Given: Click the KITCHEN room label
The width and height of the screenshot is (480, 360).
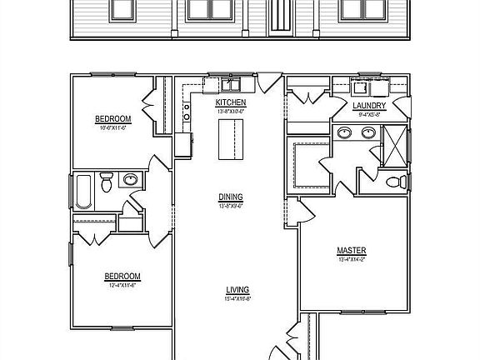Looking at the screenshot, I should point(230,102).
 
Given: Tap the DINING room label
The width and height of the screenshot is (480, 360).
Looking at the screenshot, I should point(230,198).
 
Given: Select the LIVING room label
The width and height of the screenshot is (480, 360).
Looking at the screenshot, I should point(237,290).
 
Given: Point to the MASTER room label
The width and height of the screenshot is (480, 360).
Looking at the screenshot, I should point(351,250).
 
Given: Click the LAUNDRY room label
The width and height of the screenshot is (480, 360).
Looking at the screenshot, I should point(368,106).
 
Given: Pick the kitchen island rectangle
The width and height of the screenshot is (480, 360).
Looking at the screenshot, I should point(232,139).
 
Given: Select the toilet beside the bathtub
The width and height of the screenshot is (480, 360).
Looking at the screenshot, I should point(107,182).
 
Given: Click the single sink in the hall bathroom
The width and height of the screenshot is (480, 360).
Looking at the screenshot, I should point(131,180).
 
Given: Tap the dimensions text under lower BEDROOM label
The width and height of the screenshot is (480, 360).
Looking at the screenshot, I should point(121,285).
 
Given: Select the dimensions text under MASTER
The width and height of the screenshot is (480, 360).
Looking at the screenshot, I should point(351,258).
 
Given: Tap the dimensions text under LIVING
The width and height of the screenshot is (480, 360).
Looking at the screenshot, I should point(237,298).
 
